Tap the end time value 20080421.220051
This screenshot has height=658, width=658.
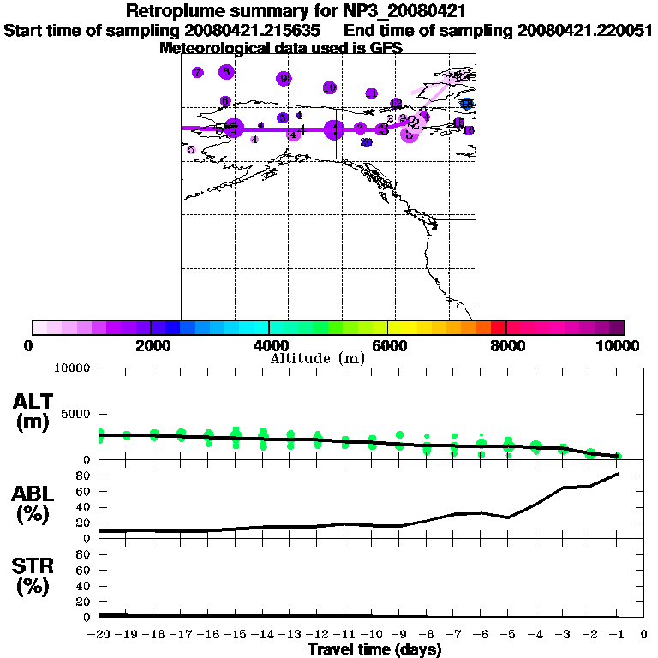[584, 31]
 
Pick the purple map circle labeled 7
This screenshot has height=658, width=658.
[198, 73]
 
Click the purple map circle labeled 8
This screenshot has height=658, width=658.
[226, 72]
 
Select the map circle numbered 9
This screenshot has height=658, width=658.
[284, 79]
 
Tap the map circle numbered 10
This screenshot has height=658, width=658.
[329, 87]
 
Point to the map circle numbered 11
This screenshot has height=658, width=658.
[372, 93]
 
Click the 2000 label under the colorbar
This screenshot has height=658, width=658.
[149, 345]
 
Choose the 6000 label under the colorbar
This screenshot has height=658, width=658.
[387, 345]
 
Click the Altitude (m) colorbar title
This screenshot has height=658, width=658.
[317, 358]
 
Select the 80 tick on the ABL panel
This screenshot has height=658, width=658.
[85, 475]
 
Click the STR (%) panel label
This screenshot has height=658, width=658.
[35, 577]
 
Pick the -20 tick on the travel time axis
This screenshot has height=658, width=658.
[99, 635]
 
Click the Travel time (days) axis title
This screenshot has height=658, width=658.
[374, 649]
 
